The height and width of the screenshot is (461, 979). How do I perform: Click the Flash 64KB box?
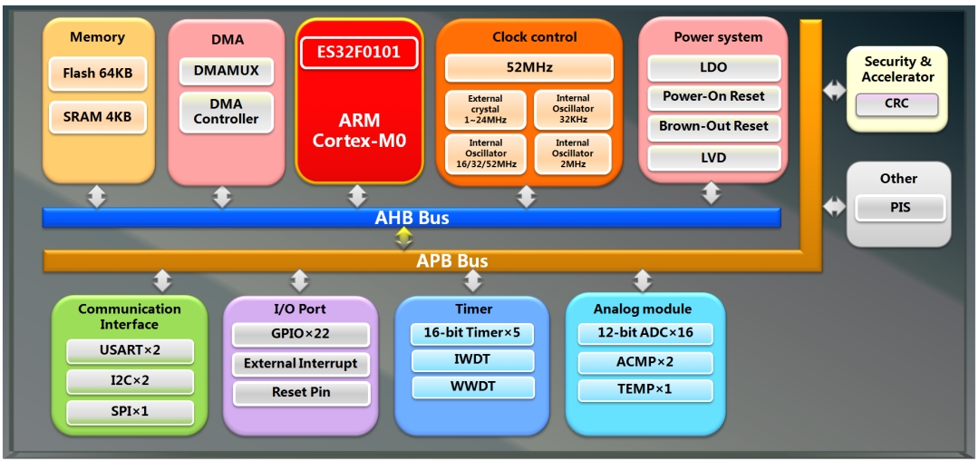97,73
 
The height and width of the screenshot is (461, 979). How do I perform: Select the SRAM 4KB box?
97,116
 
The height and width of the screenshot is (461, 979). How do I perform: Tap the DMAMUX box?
226,70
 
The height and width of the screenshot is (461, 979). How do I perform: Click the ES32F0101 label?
359,52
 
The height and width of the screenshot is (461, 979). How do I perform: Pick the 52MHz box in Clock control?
528,67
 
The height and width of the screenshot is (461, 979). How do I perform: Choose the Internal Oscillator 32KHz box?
572,109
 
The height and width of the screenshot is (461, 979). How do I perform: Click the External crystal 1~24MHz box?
485,109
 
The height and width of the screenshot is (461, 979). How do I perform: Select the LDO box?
713,67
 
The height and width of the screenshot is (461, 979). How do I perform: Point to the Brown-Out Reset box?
713,126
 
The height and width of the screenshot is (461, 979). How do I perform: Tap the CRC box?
897,103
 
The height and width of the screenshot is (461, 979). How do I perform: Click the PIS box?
900,208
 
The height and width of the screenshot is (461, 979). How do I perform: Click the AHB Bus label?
412,218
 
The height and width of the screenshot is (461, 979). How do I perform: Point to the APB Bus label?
451,261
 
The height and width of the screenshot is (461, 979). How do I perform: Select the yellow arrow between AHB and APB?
404,238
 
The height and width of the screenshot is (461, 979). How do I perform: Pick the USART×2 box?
131,350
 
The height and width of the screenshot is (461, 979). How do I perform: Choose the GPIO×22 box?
301,334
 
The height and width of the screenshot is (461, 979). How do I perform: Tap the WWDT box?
471,387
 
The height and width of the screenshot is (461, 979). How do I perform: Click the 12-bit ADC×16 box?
645,333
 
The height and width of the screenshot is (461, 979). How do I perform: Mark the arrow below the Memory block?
96,196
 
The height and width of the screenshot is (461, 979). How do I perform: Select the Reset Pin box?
301,393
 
